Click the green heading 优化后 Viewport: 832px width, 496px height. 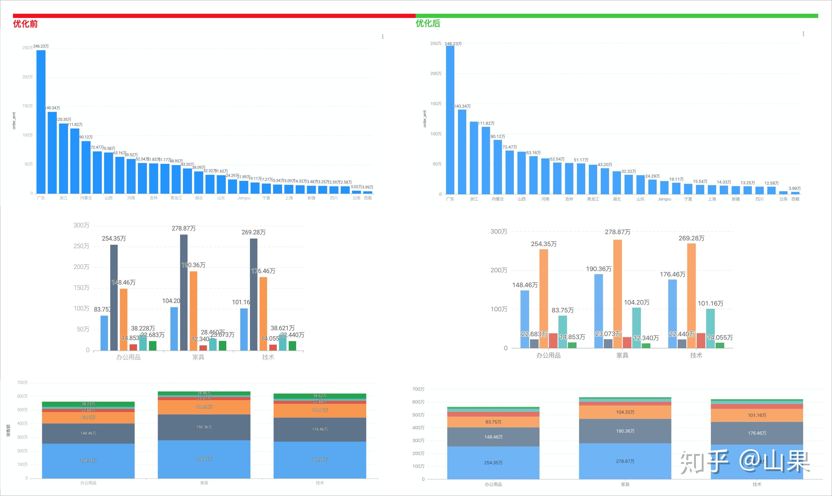click(x=428, y=23)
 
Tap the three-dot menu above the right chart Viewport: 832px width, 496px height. click(x=803, y=34)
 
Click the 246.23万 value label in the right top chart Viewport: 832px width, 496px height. click(x=453, y=44)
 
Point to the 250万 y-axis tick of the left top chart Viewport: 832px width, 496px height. click(x=27, y=48)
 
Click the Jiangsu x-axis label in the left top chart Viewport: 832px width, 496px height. click(x=244, y=198)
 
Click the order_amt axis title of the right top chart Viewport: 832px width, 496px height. click(x=425, y=119)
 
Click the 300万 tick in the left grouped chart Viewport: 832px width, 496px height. click(x=81, y=225)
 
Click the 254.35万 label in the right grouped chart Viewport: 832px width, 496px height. click(x=544, y=244)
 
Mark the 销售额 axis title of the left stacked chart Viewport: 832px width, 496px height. click(x=8, y=430)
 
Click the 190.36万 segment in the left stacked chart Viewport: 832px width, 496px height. click(x=204, y=427)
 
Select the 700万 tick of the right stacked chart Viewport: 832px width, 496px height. click(x=418, y=389)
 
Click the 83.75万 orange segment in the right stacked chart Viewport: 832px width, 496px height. click(x=493, y=422)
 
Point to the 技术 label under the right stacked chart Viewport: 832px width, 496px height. click(x=757, y=484)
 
